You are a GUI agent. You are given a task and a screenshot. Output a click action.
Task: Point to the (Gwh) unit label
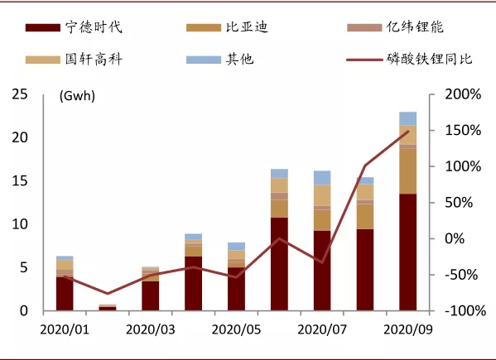pos(77,96)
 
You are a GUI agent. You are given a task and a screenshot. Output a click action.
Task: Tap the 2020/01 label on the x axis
pos(64,329)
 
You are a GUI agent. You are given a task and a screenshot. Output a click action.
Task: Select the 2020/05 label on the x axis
pos(237,329)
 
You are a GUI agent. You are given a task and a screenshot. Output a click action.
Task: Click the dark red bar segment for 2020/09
pos(407,252)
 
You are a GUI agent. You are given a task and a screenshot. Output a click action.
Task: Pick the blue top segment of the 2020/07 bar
pos(322,177)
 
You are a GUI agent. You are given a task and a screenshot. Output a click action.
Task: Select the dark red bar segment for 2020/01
pos(65,294)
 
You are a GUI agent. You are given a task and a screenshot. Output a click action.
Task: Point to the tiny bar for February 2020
pos(108,308)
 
